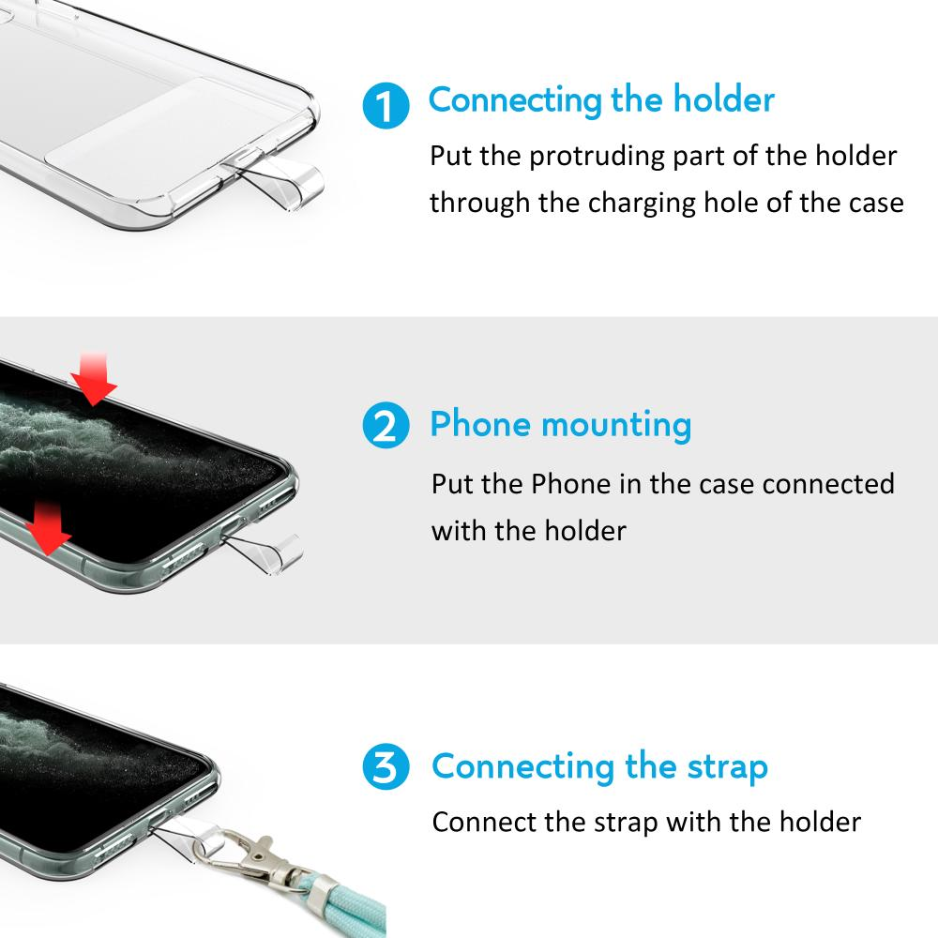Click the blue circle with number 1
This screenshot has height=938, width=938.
pyautogui.click(x=386, y=105)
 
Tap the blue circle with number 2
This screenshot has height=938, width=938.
pyautogui.click(x=386, y=425)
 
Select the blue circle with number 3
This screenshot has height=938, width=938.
pyautogui.click(x=386, y=766)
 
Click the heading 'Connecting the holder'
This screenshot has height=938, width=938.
pyautogui.click(x=601, y=99)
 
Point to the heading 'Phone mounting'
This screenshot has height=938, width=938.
pyautogui.click(x=561, y=425)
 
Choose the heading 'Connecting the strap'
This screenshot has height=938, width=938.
pyautogui.click(x=600, y=766)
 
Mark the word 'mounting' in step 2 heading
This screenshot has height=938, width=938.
pyautogui.click(x=616, y=426)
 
